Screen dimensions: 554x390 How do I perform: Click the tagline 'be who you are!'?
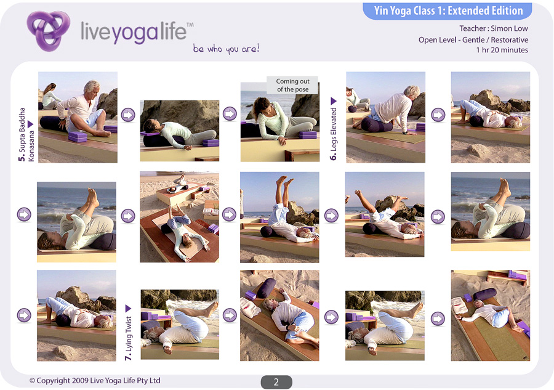click(x=226, y=49)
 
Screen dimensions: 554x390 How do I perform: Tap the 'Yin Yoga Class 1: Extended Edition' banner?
click(x=448, y=10)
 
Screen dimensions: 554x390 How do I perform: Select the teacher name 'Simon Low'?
click(x=509, y=28)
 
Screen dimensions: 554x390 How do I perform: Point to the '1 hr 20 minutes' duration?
click(x=502, y=50)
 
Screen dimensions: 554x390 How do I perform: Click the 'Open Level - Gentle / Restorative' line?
click(x=473, y=39)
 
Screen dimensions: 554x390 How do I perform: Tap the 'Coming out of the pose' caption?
click(x=292, y=85)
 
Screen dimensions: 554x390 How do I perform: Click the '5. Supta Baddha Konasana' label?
click(x=26, y=134)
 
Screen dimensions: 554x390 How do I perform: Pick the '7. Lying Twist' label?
click(x=128, y=338)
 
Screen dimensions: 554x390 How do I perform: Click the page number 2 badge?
click(x=276, y=382)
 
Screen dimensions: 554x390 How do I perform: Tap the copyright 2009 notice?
click(x=95, y=381)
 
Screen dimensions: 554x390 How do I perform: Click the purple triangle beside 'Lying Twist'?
click(x=128, y=309)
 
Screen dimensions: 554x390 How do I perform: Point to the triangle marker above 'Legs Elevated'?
click(x=333, y=101)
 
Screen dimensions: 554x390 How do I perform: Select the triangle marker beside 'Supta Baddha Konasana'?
click(x=30, y=124)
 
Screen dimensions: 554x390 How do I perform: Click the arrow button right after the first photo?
click(x=128, y=115)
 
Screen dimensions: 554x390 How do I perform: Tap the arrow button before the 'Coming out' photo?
click(x=230, y=114)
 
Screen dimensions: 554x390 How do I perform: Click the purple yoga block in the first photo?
click(x=78, y=137)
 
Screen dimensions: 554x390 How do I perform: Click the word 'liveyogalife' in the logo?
click(x=134, y=32)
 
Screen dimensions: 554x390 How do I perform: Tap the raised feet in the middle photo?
click(x=285, y=182)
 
